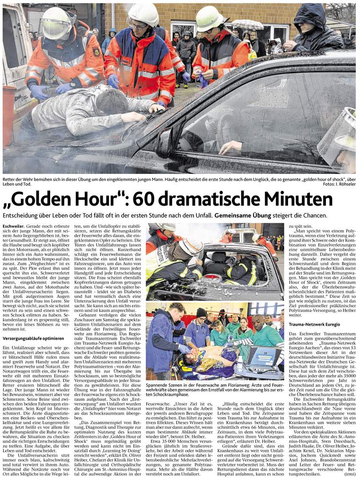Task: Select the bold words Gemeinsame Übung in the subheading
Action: [243, 216]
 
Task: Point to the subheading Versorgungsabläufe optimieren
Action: [34, 339]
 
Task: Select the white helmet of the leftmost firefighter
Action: [56, 22]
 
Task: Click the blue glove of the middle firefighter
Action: [113, 81]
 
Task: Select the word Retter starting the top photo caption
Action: [10, 180]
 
